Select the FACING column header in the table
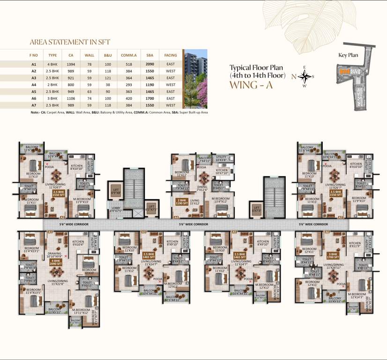tap(171, 55)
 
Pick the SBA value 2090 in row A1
tap(150, 64)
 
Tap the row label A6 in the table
tap(33, 98)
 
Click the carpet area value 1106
tap(70, 98)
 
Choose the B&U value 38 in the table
tap(108, 85)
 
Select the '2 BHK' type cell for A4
tap(52, 85)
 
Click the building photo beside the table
tap(195, 79)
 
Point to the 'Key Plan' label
tap(348, 55)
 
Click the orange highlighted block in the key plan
tap(344, 71)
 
